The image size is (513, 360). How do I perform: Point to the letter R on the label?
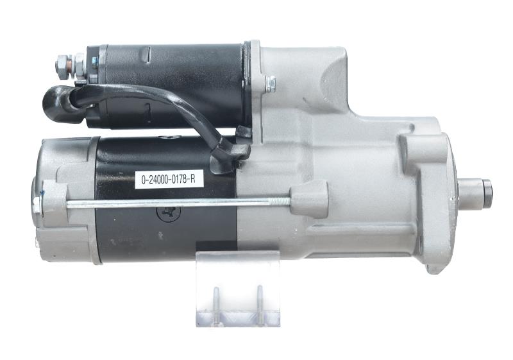click(199, 179)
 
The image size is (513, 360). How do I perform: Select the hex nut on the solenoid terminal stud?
click(62, 63)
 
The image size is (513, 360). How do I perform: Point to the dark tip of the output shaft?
click(487, 189)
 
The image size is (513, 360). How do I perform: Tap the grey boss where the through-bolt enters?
click(310, 199)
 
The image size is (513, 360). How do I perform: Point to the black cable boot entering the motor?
click(232, 152)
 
